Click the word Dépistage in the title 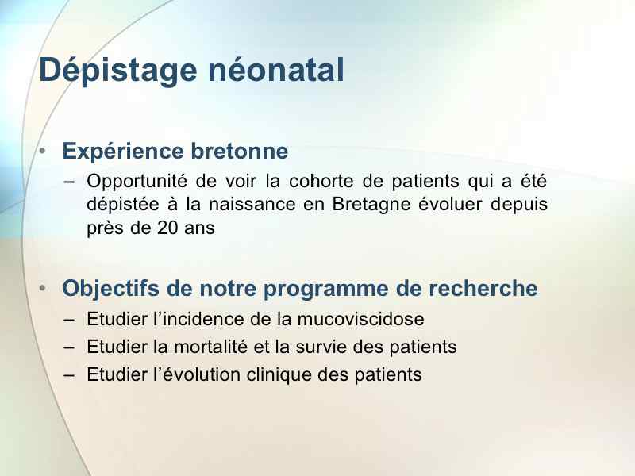tap(117, 71)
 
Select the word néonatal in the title tap(275, 70)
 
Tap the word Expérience tap(123, 152)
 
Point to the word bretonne tap(240, 151)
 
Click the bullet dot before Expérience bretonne tap(43, 152)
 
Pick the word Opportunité tap(137, 182)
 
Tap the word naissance tap(252, 205)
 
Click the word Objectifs tap(110, 289)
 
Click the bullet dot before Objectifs tap(43, 288)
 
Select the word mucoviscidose tap(361, 320)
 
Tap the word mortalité tap(210, 347)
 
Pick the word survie tap(321, 347)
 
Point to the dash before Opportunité tap(69, 182)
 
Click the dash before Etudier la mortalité tap(69, 347)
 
